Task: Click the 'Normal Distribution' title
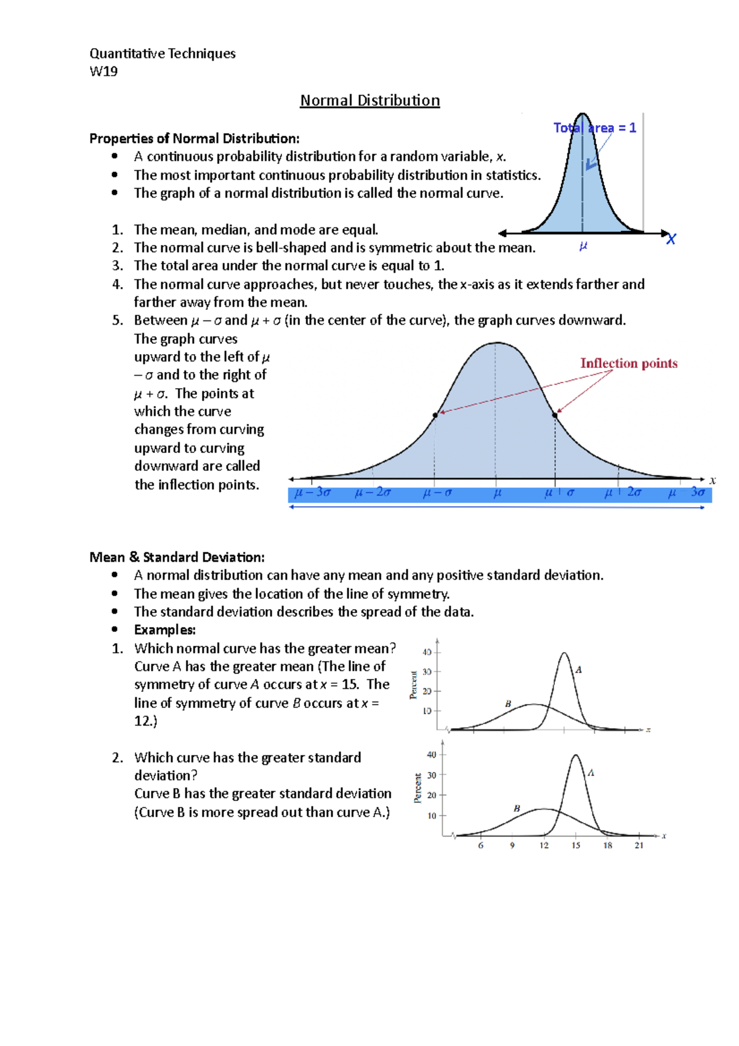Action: (x=369, y=100)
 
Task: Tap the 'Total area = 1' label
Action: (x=594, y=128)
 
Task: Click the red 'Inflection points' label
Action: (x=628, y=363)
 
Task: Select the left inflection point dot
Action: (x=435, y=415)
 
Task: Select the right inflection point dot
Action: (x=555, y=415)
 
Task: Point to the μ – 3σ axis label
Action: (x=313, y=492)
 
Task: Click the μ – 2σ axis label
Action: (x=373, y=492)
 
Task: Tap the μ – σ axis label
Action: (x=437, y=493)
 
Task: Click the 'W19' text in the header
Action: (x=103, y=71)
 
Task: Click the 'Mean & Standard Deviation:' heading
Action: (x=177, y=557)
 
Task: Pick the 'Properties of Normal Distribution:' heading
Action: (x=194, y=139)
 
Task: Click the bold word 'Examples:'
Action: (x=164, y=630)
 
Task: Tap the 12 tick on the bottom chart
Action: (x=544, y=846)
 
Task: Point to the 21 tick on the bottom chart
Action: (x=639, y=846)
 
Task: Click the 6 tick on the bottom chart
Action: (x=481, y=846)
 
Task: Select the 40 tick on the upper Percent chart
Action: (x=427, y=652)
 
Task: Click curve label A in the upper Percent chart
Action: (x=578, y=670)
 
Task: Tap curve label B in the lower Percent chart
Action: (x=517, y=808)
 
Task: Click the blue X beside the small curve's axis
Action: (x=671, y=239)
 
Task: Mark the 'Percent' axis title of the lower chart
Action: (x=418, y=789)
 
